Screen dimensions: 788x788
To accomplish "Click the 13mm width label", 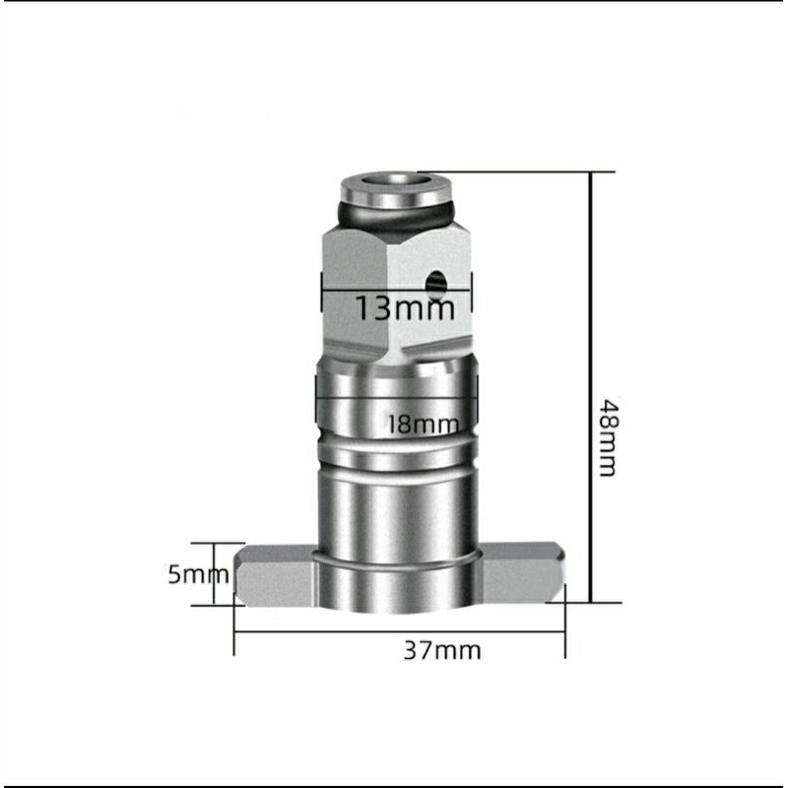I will pyautogui.click(x=405, y=308).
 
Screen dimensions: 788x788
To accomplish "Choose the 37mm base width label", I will pyautogui.click(x=442, y=650).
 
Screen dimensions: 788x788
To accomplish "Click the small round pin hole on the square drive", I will pyautogui.click(x=434, y=282).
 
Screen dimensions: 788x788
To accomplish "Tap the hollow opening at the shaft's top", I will pyautogui.click(x=391, y=181).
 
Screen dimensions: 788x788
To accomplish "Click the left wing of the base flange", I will pyautogui.click(x=272, y=581).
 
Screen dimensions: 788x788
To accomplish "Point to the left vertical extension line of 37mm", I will pyautogui.click(x=234, y=630).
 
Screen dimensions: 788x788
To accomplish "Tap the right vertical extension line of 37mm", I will pyautogui.click(x=565, y=630).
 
